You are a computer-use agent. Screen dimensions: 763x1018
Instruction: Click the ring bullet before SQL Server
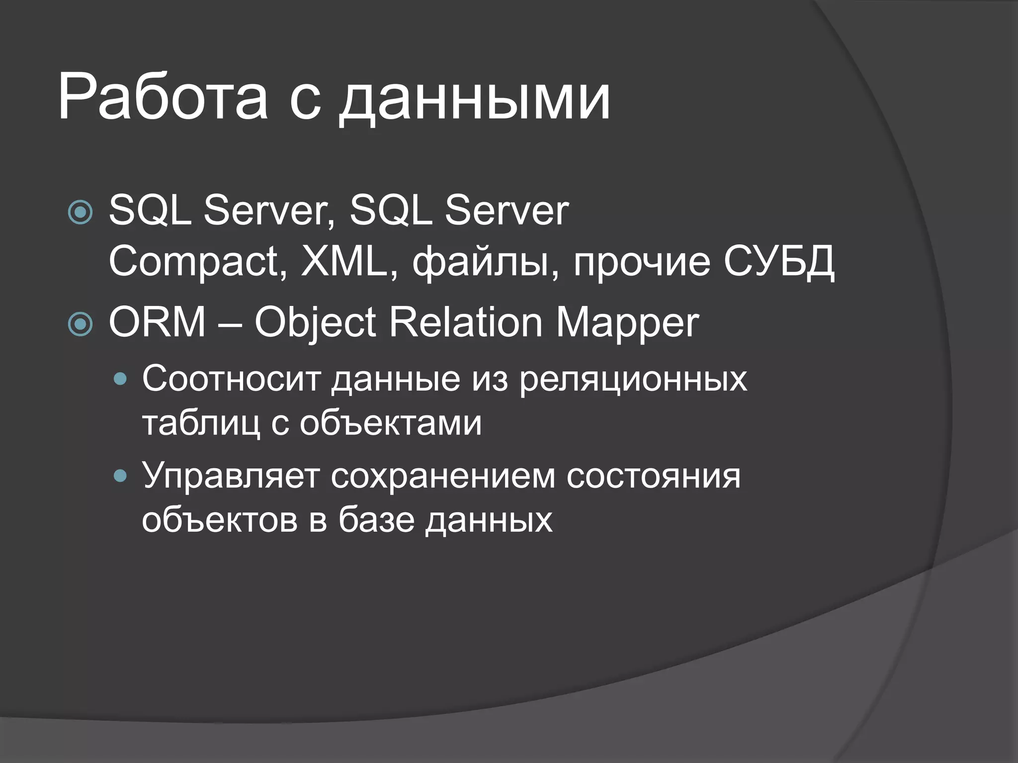click(x=80, y=212)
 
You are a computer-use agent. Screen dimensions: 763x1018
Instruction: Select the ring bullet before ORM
click(x=80, y=324)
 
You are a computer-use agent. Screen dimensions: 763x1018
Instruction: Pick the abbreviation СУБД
click(x=778, y=262)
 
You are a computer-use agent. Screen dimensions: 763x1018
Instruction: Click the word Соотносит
click(x=231, y=379)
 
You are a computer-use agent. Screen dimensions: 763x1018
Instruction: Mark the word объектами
click(x=391, y=423)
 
